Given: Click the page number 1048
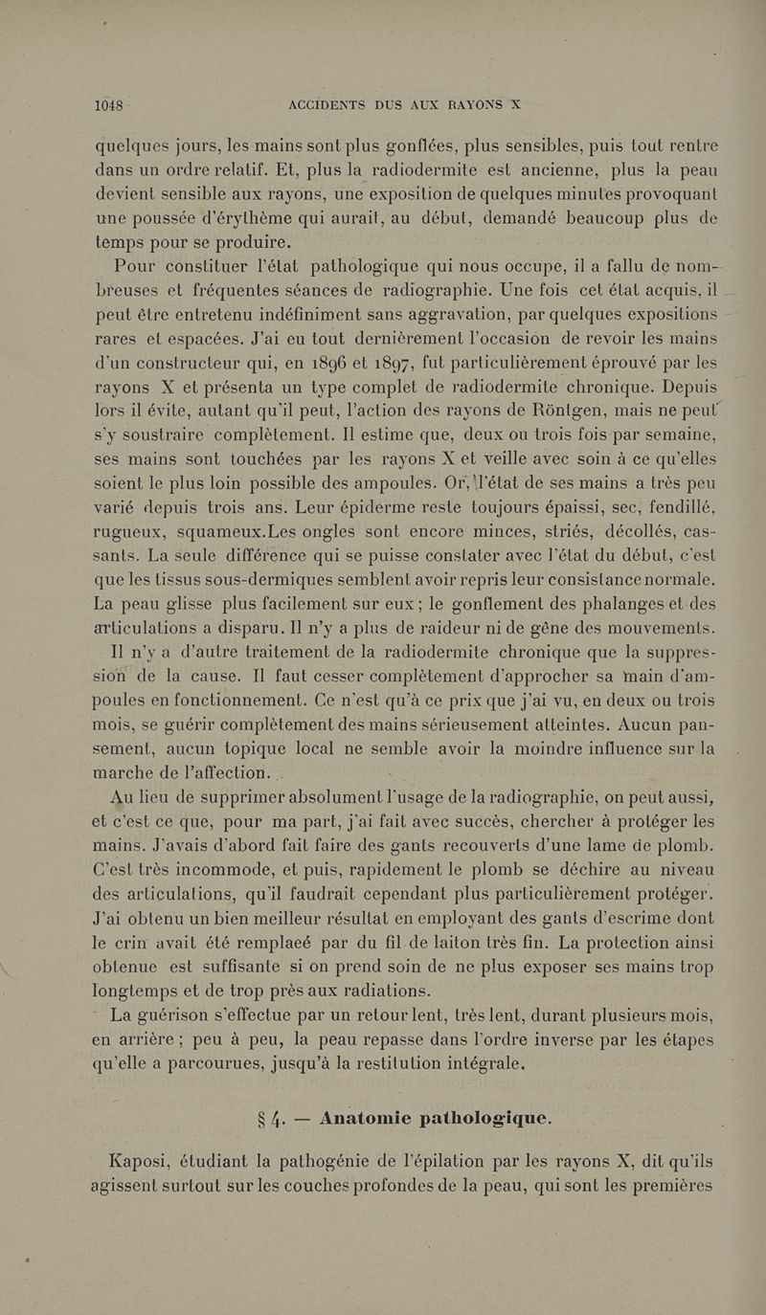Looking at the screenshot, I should tap(112, 107).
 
